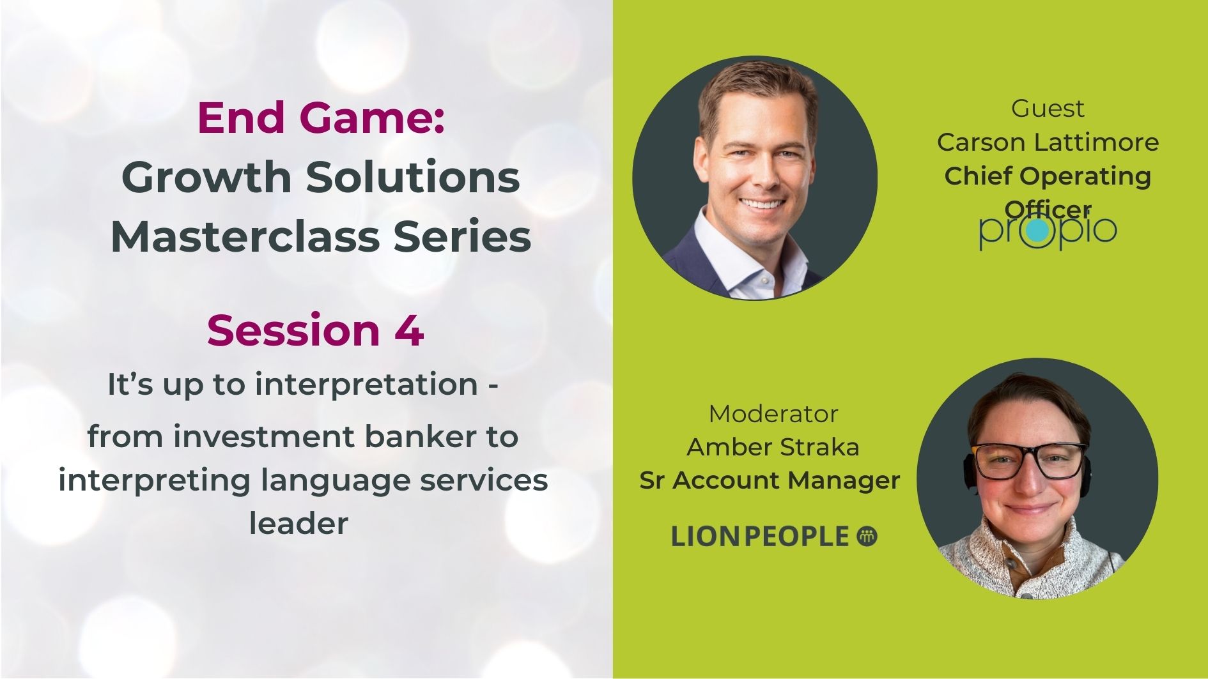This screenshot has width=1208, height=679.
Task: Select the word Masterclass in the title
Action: point(244,236)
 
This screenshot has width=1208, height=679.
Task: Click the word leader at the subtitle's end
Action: point(298,523)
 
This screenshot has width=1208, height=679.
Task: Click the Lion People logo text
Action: point(760,537)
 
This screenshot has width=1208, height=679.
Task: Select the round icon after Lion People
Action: point(867,536)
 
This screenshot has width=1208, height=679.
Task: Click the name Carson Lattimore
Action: point(1048,142)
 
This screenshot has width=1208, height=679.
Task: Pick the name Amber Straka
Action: point(773,446)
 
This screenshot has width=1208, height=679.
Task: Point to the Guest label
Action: point(1048,108)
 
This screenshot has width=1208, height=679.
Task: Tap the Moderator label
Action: point(773,413)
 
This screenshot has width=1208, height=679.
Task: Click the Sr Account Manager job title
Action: point(770,480)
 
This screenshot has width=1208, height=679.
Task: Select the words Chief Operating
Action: point(1048,176)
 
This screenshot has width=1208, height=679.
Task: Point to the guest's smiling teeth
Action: point(763,205)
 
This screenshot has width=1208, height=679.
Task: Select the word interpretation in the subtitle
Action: point(367,385)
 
